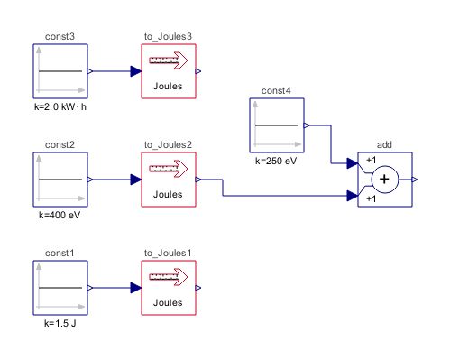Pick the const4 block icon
coord(276,125)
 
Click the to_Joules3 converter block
coord(168,70)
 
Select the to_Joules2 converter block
coord(168,180)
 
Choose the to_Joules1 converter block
coord(168,288)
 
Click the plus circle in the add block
coord(385,180)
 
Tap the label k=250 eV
coord(276,160)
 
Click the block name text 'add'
coord(385,145)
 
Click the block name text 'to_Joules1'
coord(168,254)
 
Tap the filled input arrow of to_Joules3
coord(135,70)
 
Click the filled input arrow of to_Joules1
coord(135,288)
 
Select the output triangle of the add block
coord(416,180)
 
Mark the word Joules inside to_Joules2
coord(168,194)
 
